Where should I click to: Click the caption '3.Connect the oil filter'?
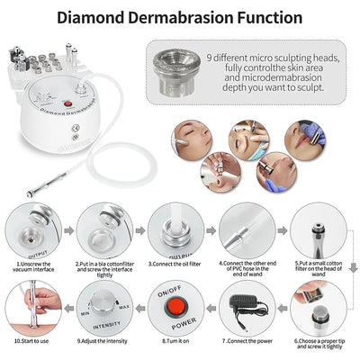point(176,264)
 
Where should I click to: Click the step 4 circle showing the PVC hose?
point(247,229)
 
